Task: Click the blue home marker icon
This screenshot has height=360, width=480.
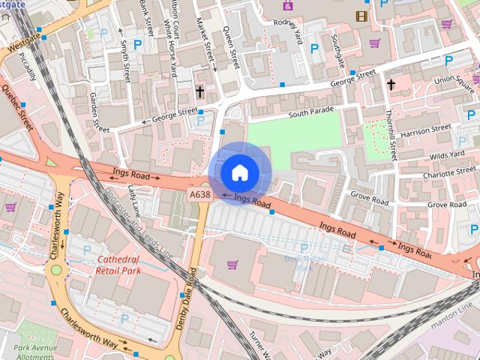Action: [239, 173]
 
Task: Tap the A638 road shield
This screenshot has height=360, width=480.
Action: [199, 194]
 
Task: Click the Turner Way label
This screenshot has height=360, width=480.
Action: [263, 344]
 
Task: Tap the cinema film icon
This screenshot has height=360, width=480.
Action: [362, 16]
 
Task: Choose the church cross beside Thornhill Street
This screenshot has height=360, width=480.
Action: [391, 84]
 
